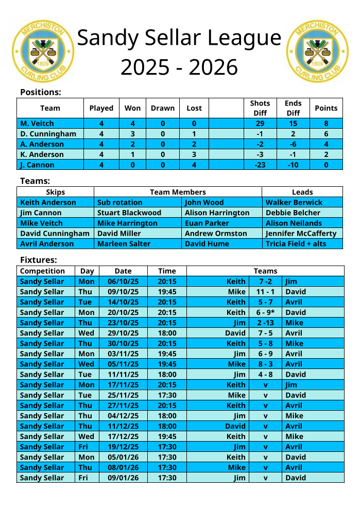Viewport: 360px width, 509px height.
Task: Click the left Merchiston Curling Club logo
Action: pos(43,51)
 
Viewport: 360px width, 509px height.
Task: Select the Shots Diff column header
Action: pos(260,108)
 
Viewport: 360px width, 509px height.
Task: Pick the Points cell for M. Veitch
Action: pos(326,124)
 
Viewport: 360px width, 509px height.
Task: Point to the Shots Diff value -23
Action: pos(260,165)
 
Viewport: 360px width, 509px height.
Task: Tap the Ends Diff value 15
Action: pos(293,124)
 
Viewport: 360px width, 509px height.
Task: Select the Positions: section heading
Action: pos(41,93)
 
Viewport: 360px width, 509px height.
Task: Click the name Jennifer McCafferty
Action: pos(301,233)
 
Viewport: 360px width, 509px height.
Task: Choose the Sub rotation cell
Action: pos(120,202)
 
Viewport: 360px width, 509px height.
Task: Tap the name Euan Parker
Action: pos(207,223)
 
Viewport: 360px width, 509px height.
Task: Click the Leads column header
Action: pos(302,192)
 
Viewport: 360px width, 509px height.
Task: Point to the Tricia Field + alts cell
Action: pos(296,243)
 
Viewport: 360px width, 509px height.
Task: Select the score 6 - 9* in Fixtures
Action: pos(266,312)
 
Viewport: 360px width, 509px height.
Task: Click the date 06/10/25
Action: pos(123,282)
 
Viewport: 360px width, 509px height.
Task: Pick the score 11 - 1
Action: pos(265,292)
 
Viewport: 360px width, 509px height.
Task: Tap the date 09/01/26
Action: pos(123,478)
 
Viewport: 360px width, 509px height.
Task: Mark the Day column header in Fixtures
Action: pos(87,271)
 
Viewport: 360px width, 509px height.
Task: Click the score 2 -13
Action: pos(265,323)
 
